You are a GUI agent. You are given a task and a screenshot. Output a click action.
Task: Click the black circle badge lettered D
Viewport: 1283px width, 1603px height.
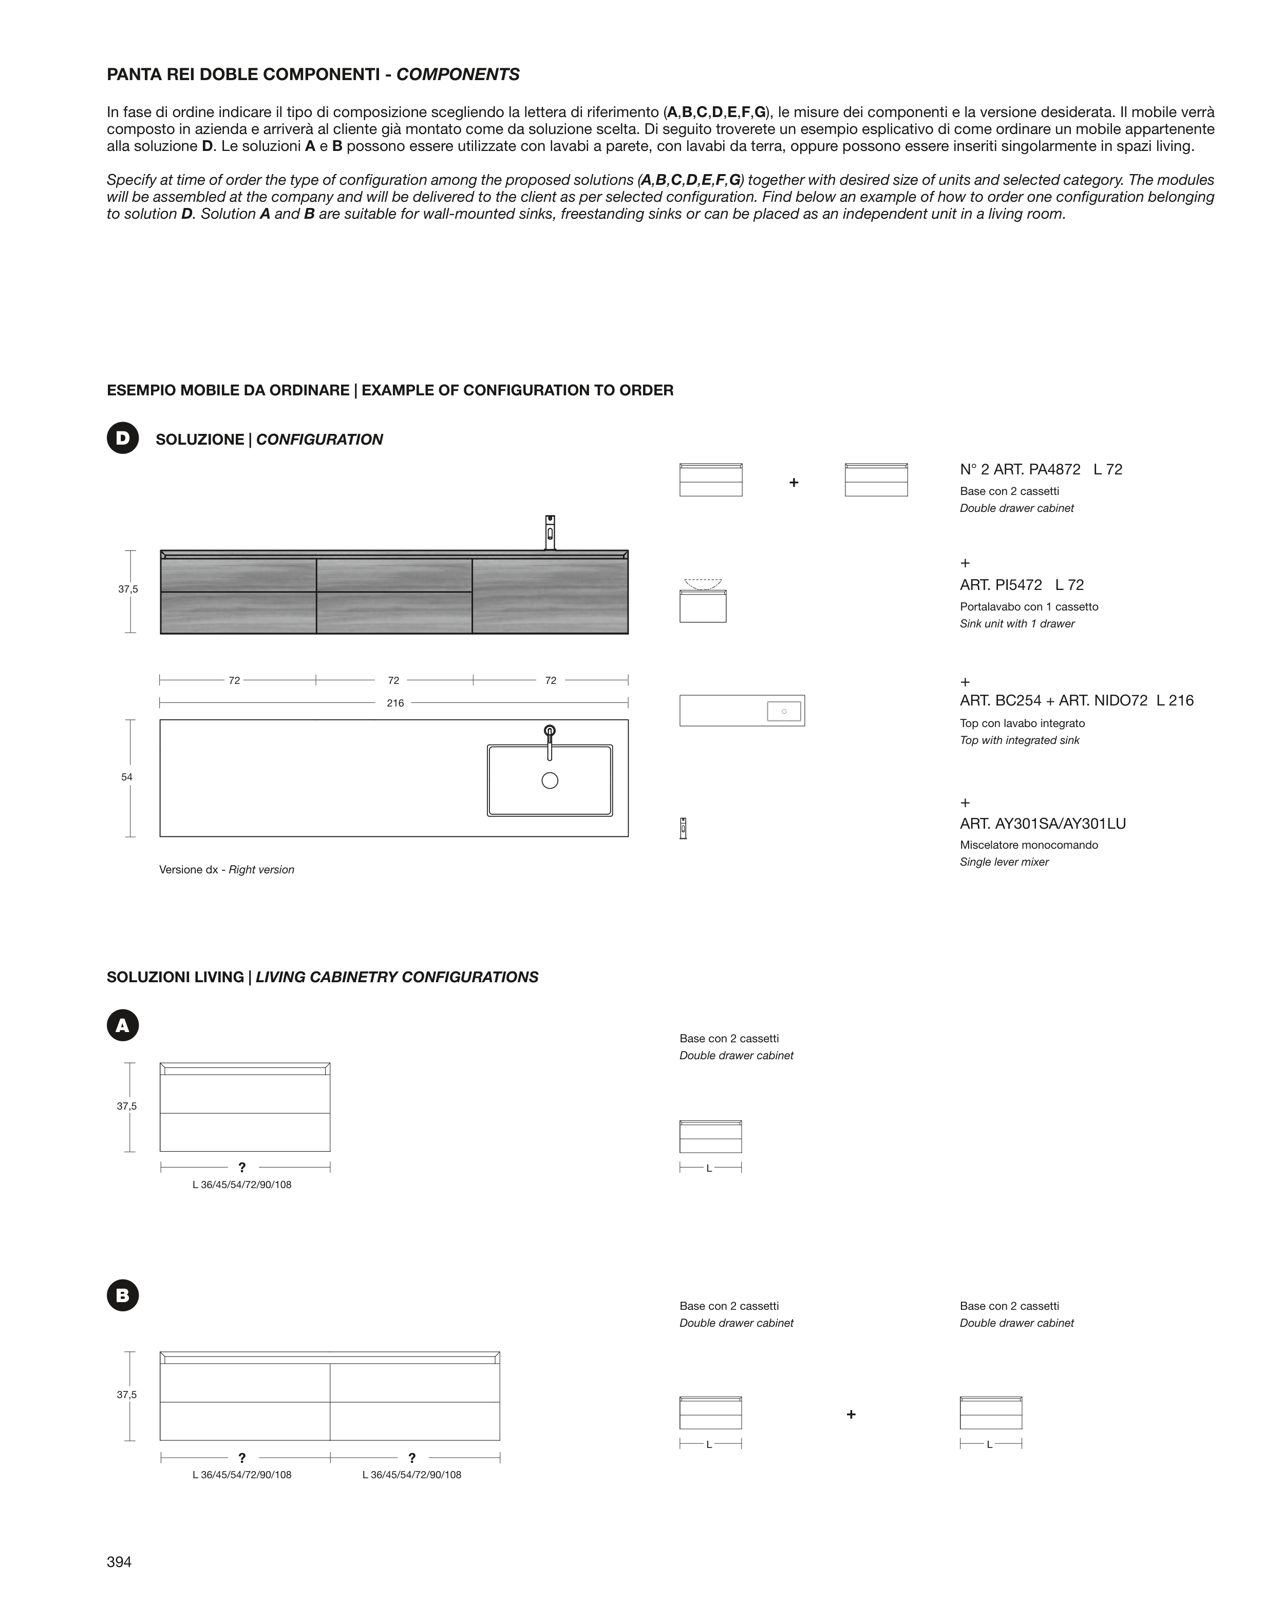[123, 438]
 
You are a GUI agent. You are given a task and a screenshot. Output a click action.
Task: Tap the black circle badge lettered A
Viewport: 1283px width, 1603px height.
[123, 1025]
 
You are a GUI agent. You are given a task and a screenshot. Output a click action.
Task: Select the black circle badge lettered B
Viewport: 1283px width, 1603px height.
[123, 1295]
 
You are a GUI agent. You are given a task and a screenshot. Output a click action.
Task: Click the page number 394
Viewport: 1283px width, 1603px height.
[119, 1561]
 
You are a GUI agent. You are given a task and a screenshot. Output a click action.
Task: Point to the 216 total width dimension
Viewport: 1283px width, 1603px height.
[395, 702]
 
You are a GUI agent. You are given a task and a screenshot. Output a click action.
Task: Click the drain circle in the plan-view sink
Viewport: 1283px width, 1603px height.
[550, 780]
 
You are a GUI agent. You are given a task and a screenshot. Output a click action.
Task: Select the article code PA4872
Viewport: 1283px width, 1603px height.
[1054, 469]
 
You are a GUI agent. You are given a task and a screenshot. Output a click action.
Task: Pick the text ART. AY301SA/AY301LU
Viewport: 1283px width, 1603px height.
[1043, 824]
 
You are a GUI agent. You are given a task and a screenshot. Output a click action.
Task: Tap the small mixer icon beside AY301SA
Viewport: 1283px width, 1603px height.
[683, 828]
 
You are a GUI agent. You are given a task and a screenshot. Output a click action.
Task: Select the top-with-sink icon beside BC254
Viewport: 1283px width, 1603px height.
[742, 710]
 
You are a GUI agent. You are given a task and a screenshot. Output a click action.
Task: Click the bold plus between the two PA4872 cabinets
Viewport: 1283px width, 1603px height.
[794, 483]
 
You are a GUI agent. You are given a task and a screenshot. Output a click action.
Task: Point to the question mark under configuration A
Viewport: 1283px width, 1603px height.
[242, 1167]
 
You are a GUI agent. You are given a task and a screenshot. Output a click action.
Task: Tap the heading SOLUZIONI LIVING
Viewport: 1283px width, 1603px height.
[175, 977]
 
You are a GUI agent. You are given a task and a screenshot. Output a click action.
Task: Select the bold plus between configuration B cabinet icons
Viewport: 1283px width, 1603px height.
[851, 1414]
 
